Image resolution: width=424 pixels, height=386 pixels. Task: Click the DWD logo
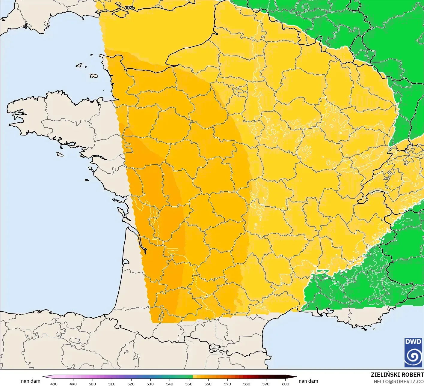(413, 352)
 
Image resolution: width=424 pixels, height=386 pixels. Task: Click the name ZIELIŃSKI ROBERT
(397, 375)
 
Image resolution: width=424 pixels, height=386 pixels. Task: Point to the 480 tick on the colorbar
(54, 384)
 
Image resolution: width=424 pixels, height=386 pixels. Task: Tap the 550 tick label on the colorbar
(189, 384)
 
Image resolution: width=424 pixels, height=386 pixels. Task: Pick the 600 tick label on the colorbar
(285, 384)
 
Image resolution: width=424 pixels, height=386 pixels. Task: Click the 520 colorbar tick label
(131, 384)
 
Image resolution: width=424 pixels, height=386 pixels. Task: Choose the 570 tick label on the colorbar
(227, 384)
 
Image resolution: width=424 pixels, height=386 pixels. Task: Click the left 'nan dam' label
(31, 381)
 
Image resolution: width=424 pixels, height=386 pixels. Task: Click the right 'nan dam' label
(308, 381)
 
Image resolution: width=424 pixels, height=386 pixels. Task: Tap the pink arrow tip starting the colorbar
(44, 377)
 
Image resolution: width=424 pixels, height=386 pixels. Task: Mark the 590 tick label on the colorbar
(266, 384)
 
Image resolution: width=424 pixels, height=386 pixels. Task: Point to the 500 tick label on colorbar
(92, 384)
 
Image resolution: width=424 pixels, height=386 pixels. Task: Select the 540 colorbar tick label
(170, 384)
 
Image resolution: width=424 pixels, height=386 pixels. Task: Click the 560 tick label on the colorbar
(208, 384)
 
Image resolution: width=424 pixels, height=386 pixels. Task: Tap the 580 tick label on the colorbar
(247, 384)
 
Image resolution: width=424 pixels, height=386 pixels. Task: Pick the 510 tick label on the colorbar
(112, 384)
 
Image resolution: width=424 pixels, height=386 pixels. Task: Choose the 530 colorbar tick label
(150, 384)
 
